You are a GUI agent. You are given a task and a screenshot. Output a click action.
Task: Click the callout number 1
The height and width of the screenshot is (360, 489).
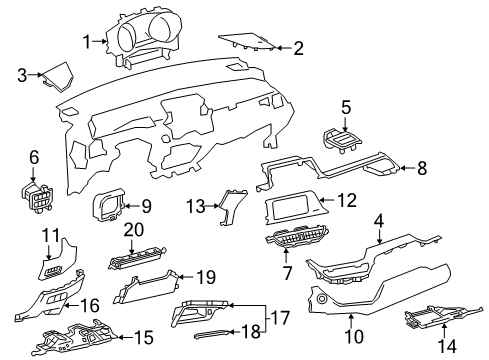[x=87, y=42]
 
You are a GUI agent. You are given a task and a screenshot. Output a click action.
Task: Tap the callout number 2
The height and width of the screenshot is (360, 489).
[x=298, y=48]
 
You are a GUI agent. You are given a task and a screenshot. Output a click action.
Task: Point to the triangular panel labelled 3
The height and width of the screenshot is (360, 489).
[x=59, y=77]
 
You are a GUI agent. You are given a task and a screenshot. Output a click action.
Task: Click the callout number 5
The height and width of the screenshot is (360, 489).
[x=346, y=107]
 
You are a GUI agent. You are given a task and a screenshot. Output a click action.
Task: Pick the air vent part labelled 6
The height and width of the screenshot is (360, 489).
[x=37, y=197]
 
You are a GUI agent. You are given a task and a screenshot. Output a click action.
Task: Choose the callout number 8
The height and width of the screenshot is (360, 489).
[x=422, y=168]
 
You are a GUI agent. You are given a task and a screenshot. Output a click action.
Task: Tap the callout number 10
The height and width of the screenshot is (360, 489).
[x=354, y=336]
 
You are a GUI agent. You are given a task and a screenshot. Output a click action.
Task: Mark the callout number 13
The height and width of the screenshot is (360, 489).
[x=196, y=206]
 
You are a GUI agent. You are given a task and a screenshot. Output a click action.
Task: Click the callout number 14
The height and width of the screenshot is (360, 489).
[x=447, y=346]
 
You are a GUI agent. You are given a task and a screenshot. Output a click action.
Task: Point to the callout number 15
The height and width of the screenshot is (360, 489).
[x=144, y=337]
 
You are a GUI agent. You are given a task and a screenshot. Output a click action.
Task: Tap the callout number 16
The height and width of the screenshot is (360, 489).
[x=90, y=305]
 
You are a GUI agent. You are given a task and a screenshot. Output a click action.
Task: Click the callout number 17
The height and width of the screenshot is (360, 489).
[x=280, y=318]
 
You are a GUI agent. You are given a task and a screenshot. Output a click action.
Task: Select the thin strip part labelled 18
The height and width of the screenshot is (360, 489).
[x=212, y=334]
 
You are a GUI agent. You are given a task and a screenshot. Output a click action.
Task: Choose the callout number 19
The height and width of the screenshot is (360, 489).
[x=206, y=277]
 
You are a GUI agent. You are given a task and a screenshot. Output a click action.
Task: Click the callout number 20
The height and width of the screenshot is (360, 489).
[x=134, y=230]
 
